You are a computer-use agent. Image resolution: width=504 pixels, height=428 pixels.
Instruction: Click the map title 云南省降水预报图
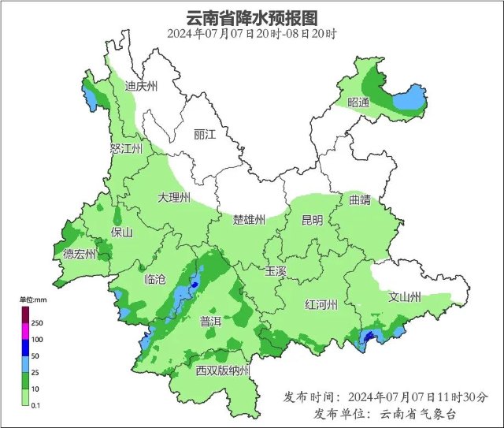coord(251,17)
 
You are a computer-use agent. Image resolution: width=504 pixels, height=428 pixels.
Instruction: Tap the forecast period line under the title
coord(251,34)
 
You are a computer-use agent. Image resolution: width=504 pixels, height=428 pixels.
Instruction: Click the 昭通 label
coord(358,102)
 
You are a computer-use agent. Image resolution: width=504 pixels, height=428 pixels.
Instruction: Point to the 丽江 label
coord(204,135)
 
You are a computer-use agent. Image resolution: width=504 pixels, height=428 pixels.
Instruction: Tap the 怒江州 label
coord(127,148)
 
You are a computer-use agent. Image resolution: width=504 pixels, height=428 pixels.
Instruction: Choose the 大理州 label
coord(174,197)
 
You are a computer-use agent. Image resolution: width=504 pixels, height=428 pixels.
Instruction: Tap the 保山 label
coord(122,233)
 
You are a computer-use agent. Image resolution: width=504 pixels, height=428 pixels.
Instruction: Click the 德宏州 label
coord(80,254)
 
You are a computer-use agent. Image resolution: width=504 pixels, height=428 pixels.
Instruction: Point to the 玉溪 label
coord(276,270)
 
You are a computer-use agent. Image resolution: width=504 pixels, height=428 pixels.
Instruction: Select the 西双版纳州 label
coord(223,370)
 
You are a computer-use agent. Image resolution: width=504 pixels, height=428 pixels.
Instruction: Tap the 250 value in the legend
coord(37,323)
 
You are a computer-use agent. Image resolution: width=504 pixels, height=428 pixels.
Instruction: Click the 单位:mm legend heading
coord(32,300)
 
